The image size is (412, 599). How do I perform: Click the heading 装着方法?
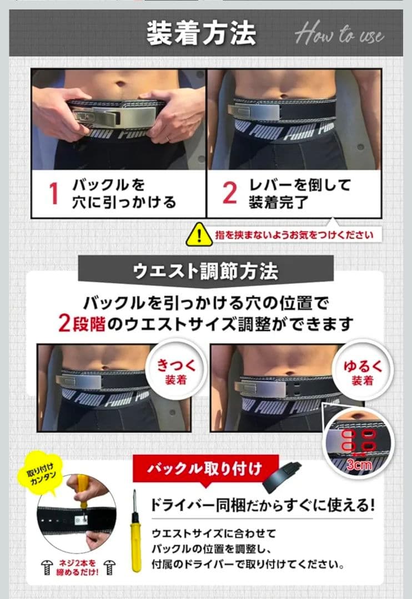(201, 33)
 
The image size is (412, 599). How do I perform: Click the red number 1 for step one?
(53, 194)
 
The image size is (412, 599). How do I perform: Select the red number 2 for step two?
(229, 193)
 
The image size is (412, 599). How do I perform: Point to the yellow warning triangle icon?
(199, 234)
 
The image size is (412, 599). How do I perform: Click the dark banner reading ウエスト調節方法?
(205, 271)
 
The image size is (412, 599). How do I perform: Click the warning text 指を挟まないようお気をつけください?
(294, 235)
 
